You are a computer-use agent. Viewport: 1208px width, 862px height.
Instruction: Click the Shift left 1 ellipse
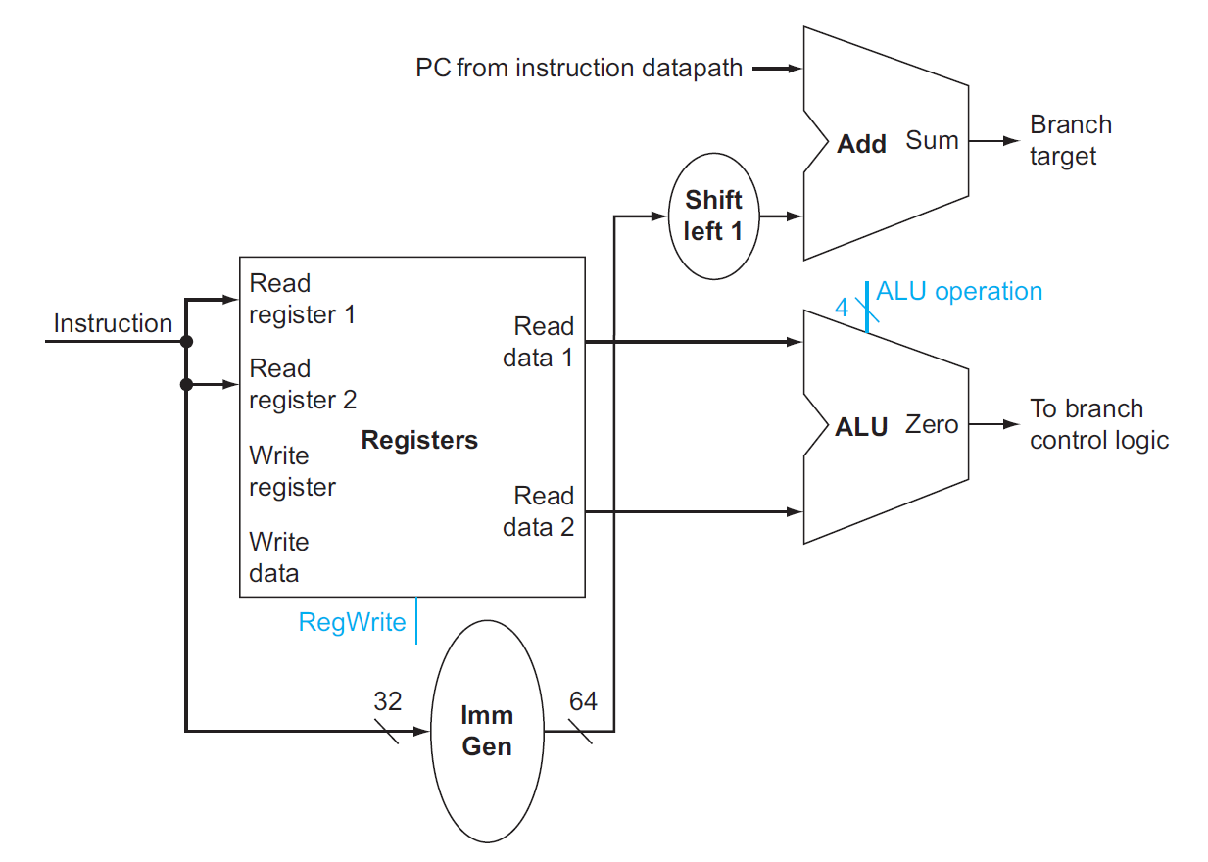713,215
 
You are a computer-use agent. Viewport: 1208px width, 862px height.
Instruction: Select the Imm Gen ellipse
487,731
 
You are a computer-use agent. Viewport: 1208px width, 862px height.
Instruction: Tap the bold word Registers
419,440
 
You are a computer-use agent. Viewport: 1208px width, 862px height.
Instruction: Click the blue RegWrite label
352,622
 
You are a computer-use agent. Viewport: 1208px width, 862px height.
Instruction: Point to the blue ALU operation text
959,291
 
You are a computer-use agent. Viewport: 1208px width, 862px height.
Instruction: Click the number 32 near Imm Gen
388,701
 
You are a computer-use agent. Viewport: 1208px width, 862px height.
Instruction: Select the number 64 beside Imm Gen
583,701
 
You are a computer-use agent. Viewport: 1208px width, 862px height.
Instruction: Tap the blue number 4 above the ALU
842,308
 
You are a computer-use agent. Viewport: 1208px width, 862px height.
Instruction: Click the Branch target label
1071,140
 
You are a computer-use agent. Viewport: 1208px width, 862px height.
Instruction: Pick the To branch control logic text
1099,424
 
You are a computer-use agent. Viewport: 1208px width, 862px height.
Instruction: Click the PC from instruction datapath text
579,68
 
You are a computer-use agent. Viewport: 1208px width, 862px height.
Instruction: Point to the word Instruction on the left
113,323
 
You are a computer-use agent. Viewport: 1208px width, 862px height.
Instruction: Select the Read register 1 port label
302,299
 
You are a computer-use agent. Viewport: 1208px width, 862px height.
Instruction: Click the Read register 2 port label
303,384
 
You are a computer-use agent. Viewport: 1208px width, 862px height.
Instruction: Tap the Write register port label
292,471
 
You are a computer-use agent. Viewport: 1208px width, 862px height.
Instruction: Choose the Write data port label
278,557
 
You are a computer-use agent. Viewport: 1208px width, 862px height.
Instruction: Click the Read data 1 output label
538,342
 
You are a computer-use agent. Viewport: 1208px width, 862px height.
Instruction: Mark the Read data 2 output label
538,511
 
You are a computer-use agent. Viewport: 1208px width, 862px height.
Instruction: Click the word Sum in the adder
932,140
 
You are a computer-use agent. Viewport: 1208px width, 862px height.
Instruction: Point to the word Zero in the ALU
932,424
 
